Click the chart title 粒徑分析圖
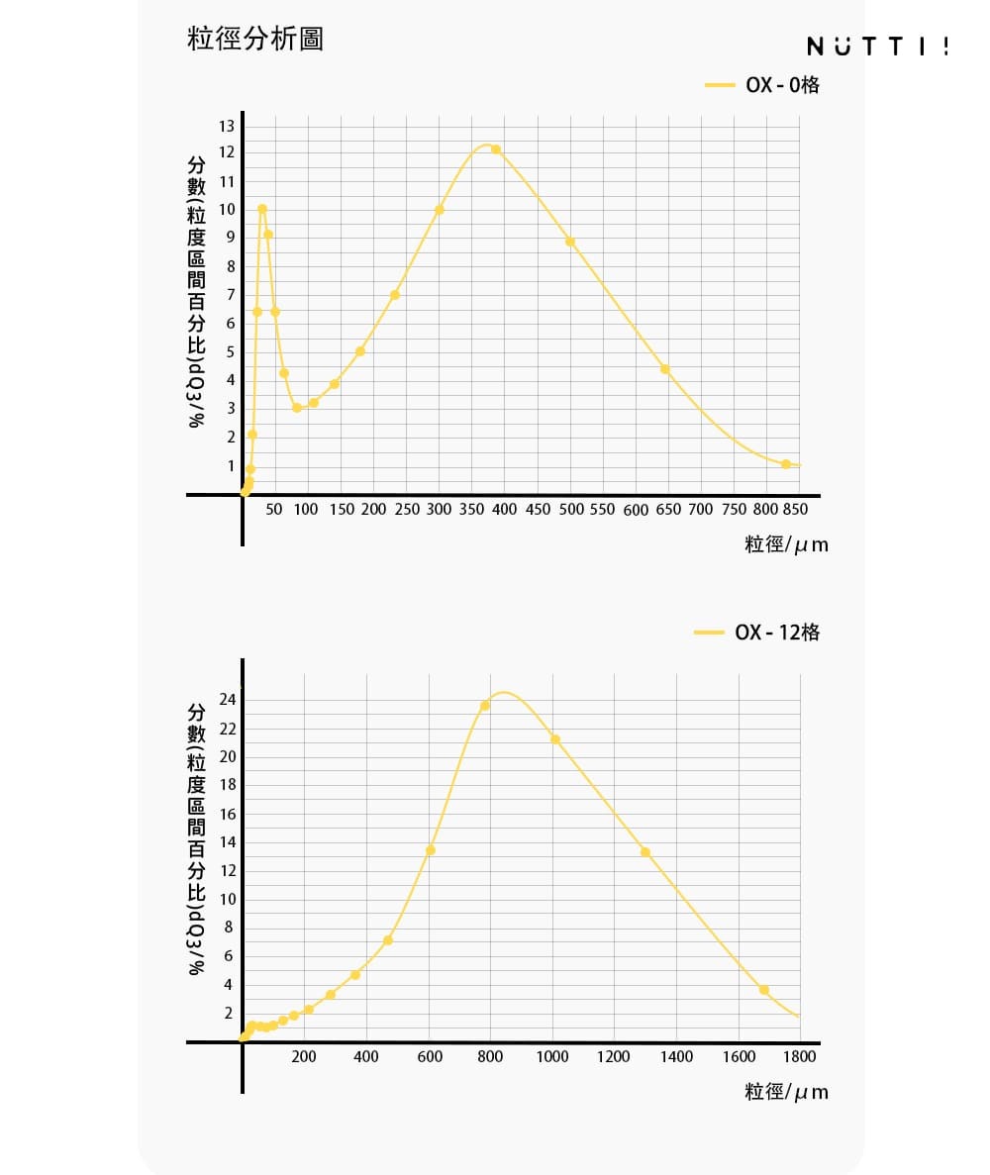tap(255, 40)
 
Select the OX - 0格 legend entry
tap(763, 85)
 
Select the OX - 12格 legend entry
tap(758, 633)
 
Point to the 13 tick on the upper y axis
tap(228, 126)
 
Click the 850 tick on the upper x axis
tap(796, 509)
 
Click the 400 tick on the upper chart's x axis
tap(504, 509)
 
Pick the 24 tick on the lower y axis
tap(228, 700)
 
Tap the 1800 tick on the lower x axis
tap(800, 1056)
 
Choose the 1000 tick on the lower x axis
tap(552, 1056)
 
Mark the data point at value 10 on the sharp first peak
tap(262, 209)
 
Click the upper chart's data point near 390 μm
tap(496, 149)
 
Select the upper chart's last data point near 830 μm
tap(786, 464)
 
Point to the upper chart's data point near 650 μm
tap(665, 369)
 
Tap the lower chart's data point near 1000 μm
tap(555, 739)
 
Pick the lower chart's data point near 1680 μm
tap(764, 990)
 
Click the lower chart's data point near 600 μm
tap(431, 850)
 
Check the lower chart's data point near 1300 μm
tap(645, 852)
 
